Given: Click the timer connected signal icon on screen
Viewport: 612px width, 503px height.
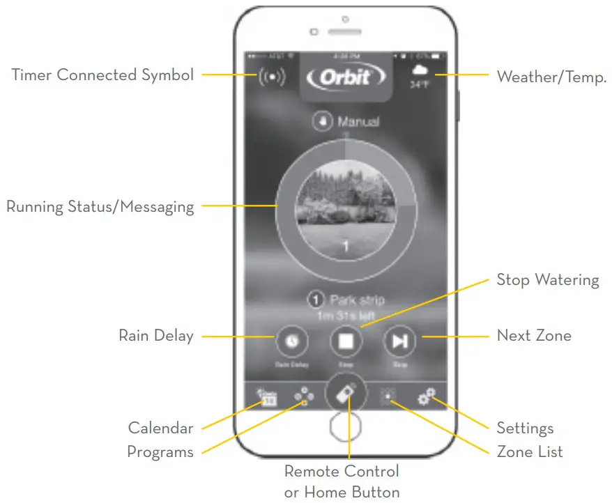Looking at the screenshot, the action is coord(272,77).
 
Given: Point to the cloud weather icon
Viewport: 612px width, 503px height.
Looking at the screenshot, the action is coord(420,71).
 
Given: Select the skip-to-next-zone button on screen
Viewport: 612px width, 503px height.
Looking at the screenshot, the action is coord(399,341).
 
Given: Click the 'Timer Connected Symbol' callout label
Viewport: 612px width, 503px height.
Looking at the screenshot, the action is coord(102,75).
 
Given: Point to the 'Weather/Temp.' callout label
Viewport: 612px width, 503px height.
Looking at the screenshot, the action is coord(551,77).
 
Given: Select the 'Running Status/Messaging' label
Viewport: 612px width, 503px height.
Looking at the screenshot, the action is coord(100,207).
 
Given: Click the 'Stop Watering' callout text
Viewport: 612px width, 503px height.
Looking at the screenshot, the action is coord(547,280).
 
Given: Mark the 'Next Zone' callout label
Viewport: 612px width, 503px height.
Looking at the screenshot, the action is coord(533,336).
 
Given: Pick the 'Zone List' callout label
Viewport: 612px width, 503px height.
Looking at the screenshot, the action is coord(529,452).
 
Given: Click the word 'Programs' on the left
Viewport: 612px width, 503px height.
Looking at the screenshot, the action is coord(160,452).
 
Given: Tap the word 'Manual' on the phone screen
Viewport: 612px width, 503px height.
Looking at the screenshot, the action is coord(358,122).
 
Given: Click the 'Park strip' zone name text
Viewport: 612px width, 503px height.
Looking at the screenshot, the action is coord(357,301).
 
